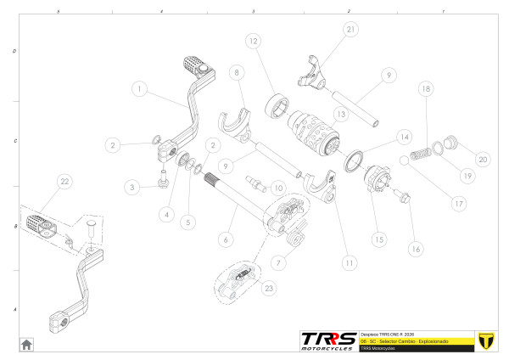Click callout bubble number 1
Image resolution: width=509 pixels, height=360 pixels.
point(140,88)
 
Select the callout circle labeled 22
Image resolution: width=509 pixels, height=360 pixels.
point(64,182)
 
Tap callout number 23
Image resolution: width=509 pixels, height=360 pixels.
point(269,289)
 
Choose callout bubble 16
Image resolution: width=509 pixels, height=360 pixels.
point(414,250)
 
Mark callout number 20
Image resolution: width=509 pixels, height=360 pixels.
point(483,158)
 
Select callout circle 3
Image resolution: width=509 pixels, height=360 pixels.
point(131,186)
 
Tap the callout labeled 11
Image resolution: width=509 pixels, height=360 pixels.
point(349,262)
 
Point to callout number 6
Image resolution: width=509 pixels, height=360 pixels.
point(226,239)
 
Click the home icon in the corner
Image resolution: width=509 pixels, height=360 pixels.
point(26,344)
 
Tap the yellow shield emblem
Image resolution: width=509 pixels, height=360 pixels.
point(486,340)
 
